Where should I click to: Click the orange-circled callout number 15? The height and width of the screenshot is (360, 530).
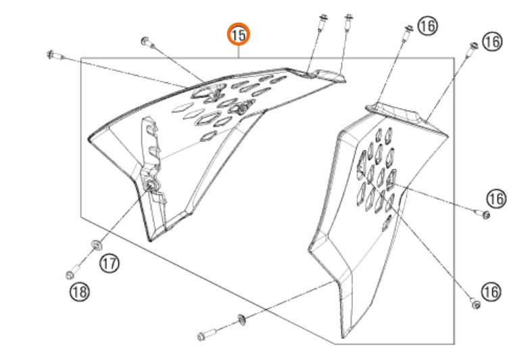tap(238, 34)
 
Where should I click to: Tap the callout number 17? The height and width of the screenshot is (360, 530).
tap(110, 263)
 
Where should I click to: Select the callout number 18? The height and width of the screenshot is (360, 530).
tap(80, 292)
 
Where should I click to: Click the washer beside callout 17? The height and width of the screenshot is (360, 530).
tap(96, 245)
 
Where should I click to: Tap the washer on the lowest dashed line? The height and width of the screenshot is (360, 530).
tap(242, 319)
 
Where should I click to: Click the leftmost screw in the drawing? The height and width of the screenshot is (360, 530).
tap(55, 55)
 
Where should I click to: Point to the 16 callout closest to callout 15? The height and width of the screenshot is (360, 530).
tap(427, 26)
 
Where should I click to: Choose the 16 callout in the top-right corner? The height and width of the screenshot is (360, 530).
tap(492, 42)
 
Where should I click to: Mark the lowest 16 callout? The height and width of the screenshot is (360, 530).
tap(491, 292)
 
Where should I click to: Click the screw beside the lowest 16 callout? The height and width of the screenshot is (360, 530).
tap(475, 303)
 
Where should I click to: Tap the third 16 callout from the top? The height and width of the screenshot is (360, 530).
tap(496, 199)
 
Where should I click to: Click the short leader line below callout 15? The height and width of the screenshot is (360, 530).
tap(239, 51)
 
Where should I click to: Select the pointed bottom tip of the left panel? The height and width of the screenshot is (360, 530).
tap(151, 239)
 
